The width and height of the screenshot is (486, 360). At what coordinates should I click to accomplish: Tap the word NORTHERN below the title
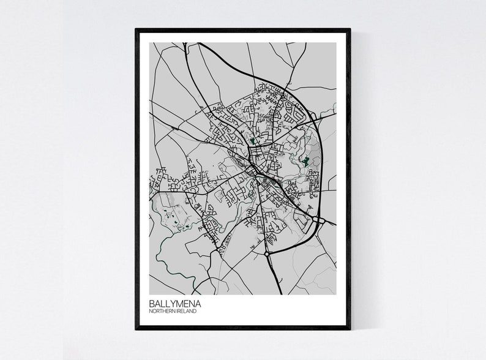[163, 312]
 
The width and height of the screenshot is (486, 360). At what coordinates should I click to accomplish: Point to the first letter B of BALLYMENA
[151, 303]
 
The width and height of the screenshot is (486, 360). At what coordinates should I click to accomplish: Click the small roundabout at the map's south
[267, 253]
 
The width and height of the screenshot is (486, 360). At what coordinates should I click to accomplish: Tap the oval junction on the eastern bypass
[318, 219]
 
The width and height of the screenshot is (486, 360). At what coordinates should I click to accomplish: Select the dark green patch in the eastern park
[304, 162]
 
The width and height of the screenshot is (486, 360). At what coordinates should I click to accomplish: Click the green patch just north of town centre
[252, 141]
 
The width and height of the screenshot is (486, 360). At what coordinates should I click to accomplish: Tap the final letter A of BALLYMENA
[198, 303]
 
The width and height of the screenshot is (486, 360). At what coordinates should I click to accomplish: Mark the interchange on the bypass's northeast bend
[313, 115]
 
